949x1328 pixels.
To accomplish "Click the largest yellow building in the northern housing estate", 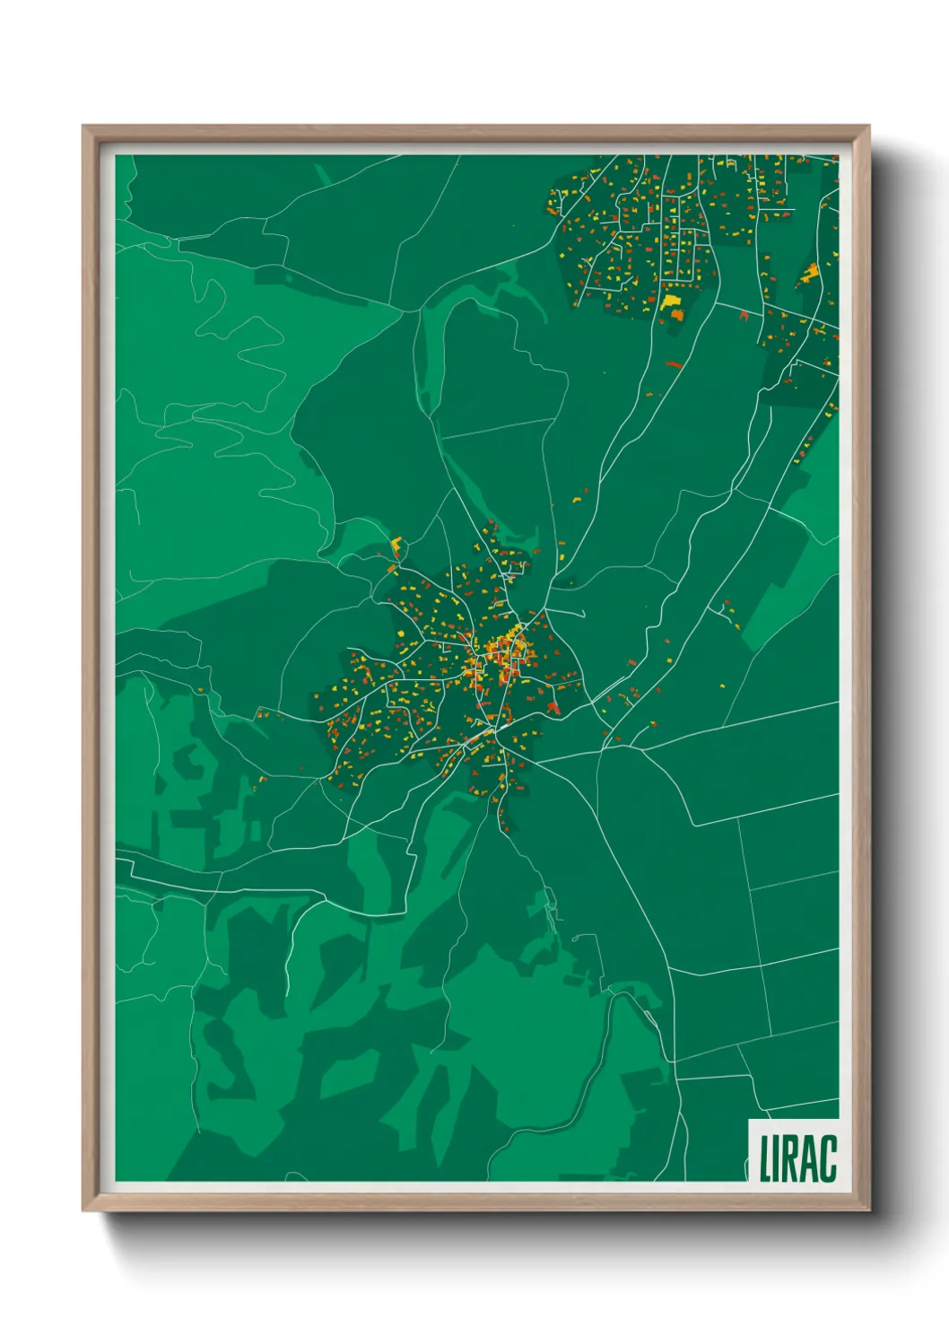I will pos(671,301).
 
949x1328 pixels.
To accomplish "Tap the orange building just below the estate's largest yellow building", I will pos(676,315).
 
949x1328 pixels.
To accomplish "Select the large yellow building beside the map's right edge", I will pos(811,272).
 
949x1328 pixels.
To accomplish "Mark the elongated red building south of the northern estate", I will pos(674,364).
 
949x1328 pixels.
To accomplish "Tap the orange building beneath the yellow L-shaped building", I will pos(393,567).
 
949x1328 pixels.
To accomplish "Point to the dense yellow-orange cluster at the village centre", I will pos(502,655).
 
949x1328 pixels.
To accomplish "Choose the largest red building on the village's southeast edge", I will pos(553,709).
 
